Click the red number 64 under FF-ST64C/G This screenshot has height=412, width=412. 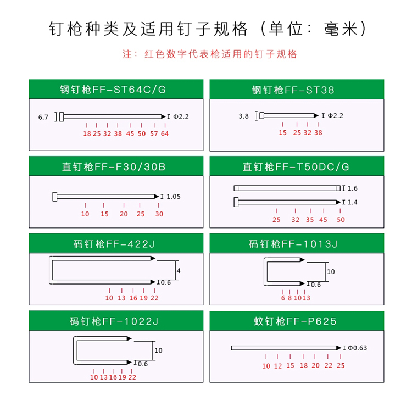click(x=165, y=133)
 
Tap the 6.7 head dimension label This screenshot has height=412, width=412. click(x=43, y=117)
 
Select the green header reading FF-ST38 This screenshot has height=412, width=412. click(x=297, y=90)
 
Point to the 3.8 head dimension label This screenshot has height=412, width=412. click(x=243, y=116)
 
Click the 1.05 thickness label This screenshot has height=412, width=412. click(x=174, y=197)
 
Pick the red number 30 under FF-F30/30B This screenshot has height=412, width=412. click(x=159, y=214)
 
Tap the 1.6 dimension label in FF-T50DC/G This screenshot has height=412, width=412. click(x=352, y=188)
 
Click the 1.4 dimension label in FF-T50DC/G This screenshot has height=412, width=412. click(x=352, y=202)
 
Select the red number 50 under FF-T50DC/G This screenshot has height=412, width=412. click(x=341, y=220)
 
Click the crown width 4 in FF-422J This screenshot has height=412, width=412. click(x=179, y=271)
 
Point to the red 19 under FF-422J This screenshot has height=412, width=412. click(x=143, y=298)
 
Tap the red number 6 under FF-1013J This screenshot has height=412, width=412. click(x=283, y=298)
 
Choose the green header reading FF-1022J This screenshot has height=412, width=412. click(x=116, y=321)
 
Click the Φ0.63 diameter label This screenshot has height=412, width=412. click(x=358, y=348)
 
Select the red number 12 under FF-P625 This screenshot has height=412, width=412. click(x=278, y=366)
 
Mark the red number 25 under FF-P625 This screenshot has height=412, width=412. click(x=341, y=365)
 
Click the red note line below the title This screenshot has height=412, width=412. click(x=209, y=54)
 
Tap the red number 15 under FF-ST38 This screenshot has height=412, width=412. click(x=283, y=133)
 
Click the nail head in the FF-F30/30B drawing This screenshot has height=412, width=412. click(x=54, y=197)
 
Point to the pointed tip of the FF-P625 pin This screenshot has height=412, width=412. click(x=341, y=348)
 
